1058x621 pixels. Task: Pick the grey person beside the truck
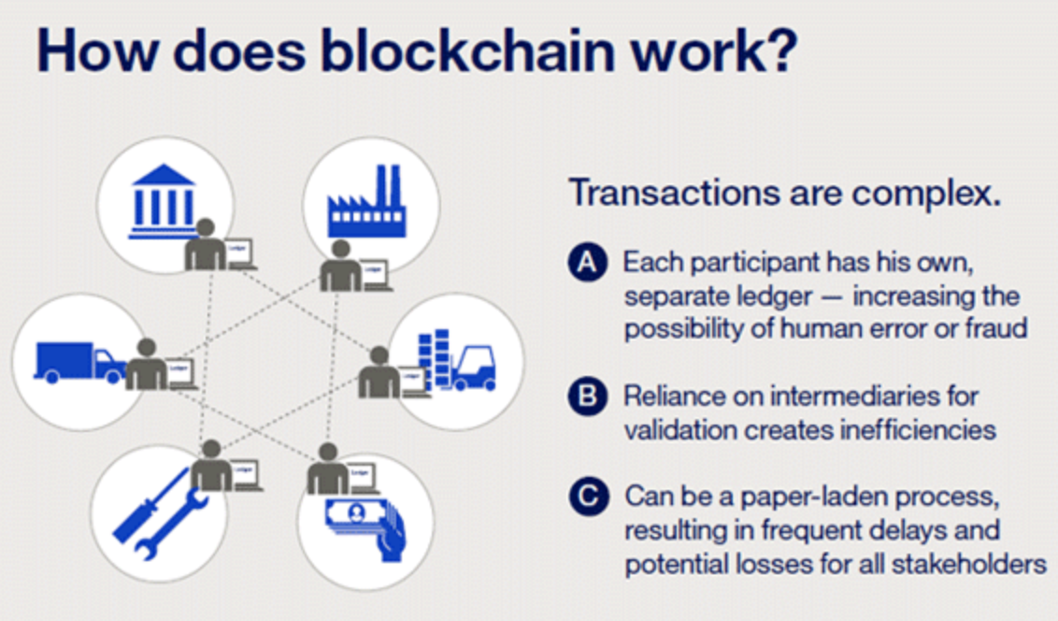(146, 364)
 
